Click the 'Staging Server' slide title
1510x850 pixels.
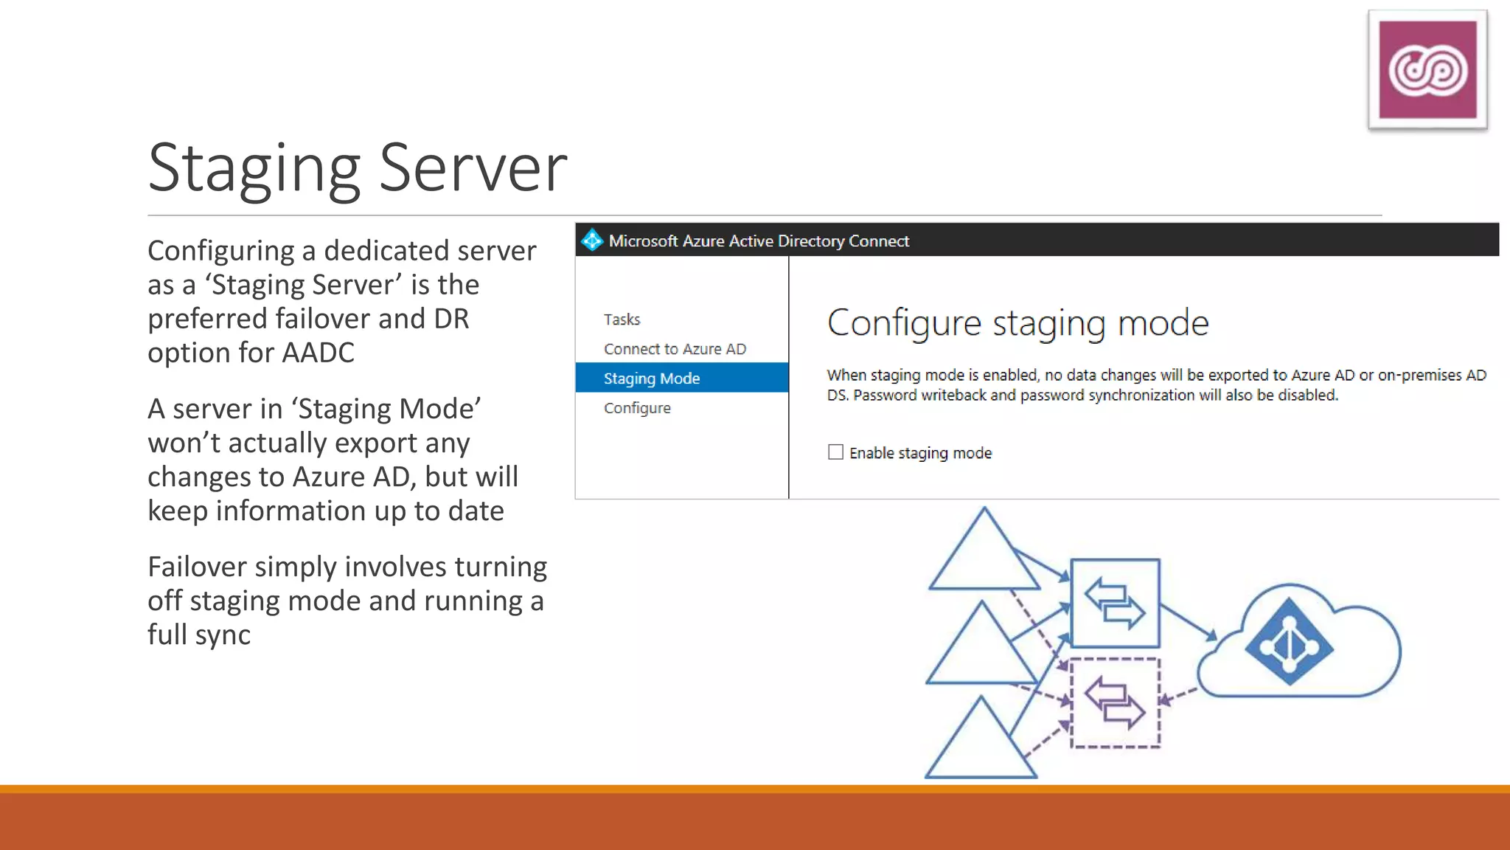[358, 168]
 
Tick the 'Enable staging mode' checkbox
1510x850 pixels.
[835, 452]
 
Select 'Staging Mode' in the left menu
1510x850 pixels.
[652, 379]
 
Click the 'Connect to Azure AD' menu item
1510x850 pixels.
[675, 349]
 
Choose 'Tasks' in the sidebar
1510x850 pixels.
[622, 319]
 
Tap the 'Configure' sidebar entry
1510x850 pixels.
[637, 408]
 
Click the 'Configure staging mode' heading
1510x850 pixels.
[1017, 323]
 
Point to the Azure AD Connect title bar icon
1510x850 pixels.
[591, 241]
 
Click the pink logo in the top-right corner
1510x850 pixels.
[1427, 70]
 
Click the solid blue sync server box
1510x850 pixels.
[1115, 604]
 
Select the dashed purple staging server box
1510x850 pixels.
[1115, 703]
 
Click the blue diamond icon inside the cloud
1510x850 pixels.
[1289, 642]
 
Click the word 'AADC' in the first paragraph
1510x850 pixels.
[318, 353]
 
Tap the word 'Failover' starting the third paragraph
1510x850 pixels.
[197, 567]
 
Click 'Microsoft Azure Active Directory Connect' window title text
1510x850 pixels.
[759, 241]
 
